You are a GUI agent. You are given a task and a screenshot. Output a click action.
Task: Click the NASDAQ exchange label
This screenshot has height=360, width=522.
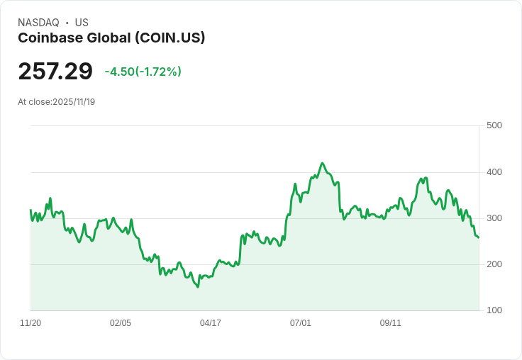(x=38, y=23)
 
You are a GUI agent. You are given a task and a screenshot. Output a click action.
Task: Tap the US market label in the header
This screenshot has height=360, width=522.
(x=82, y=23)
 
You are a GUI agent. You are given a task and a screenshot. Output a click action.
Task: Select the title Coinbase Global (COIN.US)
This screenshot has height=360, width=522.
(x=111, y=38)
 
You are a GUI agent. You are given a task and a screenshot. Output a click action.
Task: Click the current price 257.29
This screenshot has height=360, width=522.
(x=55, y=72)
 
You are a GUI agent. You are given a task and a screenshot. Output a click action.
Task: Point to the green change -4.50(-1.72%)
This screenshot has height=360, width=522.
(x=143, y=72)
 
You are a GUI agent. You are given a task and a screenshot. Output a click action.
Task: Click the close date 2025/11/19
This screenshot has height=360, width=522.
(x=74, y=101)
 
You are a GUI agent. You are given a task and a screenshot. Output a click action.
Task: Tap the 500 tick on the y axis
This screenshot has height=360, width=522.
(x=494, y=125)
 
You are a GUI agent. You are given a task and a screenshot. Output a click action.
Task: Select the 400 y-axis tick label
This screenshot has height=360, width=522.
(x=494, y=172)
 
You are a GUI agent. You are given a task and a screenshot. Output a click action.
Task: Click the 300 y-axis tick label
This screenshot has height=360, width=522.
(x=494, y=218)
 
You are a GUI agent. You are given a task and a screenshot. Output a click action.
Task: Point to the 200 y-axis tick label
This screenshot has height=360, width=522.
(x=494, y=264)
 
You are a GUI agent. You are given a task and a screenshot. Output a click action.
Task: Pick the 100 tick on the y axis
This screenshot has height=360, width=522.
(x=494, y=310)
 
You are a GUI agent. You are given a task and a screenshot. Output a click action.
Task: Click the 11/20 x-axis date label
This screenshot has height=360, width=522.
(x=30, y=323)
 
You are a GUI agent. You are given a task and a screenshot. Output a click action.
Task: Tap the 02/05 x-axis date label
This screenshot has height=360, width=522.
(x=121, y=323)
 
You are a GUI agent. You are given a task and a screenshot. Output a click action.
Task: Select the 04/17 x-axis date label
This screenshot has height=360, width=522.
(x=211, y=323)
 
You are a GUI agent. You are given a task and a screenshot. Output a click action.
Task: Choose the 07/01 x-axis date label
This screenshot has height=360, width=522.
(x=301, y=323)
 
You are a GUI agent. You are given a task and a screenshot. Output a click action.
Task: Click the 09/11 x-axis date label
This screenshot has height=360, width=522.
(x=391, y=323)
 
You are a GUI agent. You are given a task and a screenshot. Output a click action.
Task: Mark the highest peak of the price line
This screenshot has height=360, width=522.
(x=322, y=163)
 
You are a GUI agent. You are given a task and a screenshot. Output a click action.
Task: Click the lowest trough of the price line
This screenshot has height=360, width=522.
(x=198, y=287)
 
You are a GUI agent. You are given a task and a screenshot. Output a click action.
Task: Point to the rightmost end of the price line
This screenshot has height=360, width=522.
(x=478, y=237)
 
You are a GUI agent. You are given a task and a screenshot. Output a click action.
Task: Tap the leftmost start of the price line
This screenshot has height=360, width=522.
(x=30, y=210)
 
